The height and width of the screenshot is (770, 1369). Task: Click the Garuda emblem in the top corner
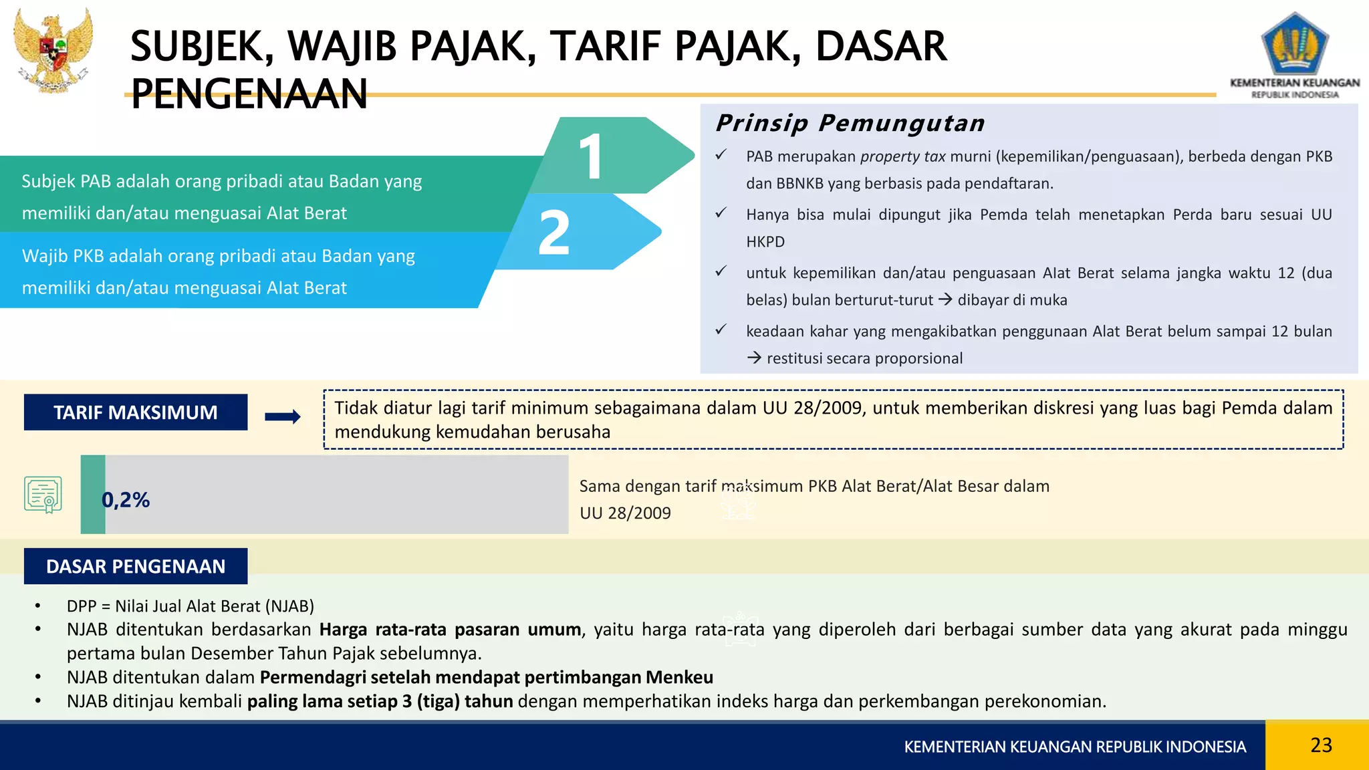tap(53, 50)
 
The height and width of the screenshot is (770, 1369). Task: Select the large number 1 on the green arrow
tap(591, 156)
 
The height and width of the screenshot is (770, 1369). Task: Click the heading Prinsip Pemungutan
tap(850, 123)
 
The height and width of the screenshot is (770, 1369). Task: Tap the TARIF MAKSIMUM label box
tap(136, 412)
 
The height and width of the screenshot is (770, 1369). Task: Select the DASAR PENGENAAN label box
tap(136, 566)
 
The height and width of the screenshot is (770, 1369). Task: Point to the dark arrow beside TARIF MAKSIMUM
tap(283, 417)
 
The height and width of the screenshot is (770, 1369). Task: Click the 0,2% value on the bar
tap(126, 499)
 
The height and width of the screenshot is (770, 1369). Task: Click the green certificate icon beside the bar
tap(43, 495)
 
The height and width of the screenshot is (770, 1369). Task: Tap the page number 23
tap(1321, 745)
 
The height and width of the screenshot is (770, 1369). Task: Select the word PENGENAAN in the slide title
tap(249, 94)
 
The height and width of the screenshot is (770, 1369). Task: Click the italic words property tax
tap(902, 156)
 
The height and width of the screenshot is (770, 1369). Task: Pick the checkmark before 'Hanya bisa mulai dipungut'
tap(721, 213)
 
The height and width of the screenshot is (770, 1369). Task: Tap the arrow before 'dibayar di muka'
tap(945, 299)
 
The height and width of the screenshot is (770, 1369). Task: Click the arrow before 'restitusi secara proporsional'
tap(754, 358)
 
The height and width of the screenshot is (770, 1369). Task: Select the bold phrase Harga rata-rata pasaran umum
tap(450, 630)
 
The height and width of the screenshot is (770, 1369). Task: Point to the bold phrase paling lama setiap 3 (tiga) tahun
tap(380, 701)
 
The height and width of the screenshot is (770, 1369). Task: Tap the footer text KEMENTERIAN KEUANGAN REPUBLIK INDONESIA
tap(1075, 747)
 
